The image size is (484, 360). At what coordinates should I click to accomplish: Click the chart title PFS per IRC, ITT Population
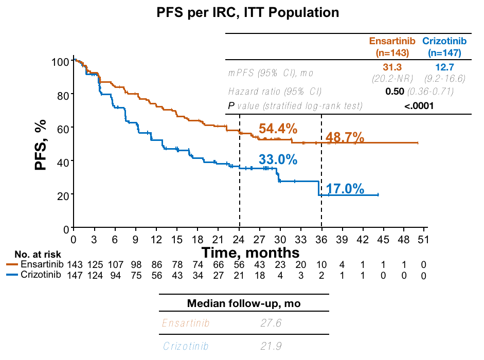(248, 12)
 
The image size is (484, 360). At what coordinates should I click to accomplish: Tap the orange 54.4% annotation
(278, 128)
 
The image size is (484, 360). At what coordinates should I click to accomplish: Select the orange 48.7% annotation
(345, 137)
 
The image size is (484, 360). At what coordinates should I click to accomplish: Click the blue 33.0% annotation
(278, 159)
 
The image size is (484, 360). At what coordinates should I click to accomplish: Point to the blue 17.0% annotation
(345, 189)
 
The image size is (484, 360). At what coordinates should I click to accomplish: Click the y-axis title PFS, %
(41, 145)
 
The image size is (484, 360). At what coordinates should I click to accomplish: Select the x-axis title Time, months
(250, 253)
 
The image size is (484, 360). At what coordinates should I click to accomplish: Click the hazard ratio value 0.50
(395, 92)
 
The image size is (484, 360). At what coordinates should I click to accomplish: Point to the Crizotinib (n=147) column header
(444, 46)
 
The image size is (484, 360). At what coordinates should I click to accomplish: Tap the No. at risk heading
(38, 255)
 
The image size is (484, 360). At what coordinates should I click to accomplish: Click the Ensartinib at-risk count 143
(76, 264)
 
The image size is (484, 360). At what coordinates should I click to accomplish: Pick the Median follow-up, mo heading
(244, 303)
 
